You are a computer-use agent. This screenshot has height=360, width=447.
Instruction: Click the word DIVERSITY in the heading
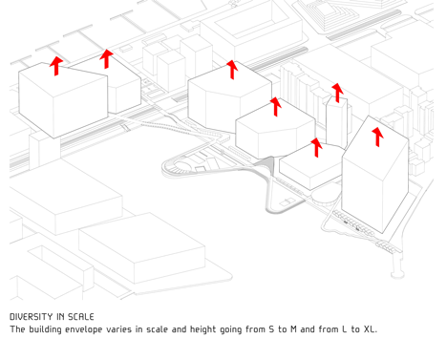[x=32, y=317]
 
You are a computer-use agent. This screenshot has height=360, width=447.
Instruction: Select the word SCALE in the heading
[x=81, y=317]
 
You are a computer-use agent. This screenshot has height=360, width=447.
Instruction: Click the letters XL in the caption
[x=370, y=329]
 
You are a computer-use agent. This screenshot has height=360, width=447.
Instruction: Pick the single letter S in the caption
[x=271, y=329]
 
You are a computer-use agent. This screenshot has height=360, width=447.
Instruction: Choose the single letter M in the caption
[x=293, y=329]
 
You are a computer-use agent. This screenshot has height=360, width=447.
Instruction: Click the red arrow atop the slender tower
[x=338, y=93]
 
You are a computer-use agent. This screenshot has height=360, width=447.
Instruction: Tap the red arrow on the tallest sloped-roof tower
[x=377, y=138]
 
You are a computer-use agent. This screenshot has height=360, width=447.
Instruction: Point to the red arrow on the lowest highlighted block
[x=316, y=147]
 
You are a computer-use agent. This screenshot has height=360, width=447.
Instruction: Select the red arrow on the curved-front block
[x=276, y=107]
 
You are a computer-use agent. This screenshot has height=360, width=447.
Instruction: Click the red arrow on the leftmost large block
[x=56, y=66]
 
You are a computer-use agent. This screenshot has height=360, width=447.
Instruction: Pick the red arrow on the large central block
[x=232, y=70]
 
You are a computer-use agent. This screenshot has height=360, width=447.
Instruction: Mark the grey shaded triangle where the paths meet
[x=266, y=163]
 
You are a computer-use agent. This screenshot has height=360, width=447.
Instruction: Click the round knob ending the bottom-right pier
[x=397, y=273]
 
